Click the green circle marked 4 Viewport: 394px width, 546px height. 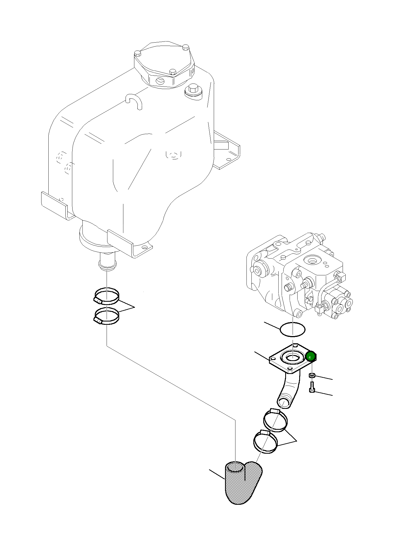(310, 357)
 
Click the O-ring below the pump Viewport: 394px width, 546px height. (292, 329)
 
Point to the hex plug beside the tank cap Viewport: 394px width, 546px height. (193, 90)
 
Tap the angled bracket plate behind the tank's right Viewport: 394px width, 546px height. (227, 151)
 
